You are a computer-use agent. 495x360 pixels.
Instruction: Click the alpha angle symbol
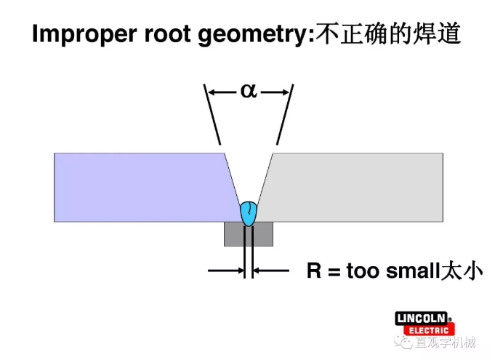click(x=249, y=92)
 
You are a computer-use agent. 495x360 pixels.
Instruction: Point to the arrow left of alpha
click(x=222, y=92)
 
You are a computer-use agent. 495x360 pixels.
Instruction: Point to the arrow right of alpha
click(x=275, y=92)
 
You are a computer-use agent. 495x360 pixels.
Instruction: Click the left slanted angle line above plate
click(x=212, y=116)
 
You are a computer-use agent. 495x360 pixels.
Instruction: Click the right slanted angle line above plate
click(x=284, y=116)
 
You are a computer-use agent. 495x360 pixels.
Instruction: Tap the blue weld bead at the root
click(x=249, y=212)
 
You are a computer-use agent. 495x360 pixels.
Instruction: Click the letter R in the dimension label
click(x=313, y=272)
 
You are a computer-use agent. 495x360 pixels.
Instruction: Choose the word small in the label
click(x=411, y=272)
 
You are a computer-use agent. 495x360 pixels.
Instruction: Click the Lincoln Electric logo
click(x=424, y=324)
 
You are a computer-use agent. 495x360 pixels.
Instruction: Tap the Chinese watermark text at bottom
click(x=443, y=343)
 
